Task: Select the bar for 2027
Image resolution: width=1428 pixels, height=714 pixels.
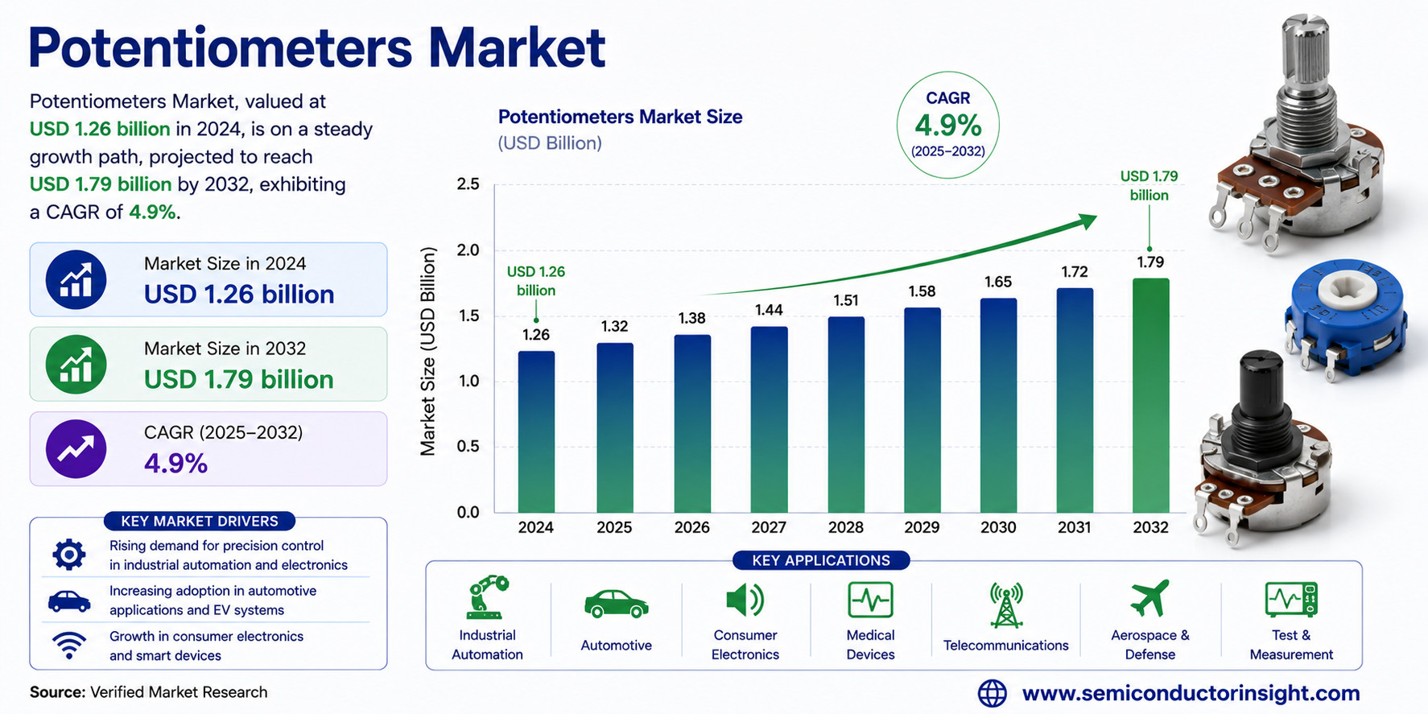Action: click(769, 419)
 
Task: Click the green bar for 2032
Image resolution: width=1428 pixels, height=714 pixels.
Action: click(1150, 395)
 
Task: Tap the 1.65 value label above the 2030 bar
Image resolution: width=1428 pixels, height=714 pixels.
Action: click(998, 282)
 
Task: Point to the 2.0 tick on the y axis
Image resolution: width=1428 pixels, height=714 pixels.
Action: click(468, 250)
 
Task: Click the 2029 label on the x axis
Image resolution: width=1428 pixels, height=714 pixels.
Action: click(922, 527)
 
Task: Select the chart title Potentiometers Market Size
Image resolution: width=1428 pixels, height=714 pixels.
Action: click(620, 117)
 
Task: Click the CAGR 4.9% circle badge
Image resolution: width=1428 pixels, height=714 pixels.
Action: click(947, 126)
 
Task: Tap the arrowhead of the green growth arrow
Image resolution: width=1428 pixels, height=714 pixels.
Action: click(1088, 221)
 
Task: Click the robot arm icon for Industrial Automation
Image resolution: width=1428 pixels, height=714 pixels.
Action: click(487, 597)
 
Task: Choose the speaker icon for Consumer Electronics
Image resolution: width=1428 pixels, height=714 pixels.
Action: click(745, 600)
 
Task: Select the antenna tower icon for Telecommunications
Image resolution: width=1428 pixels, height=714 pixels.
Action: click(1006, 605)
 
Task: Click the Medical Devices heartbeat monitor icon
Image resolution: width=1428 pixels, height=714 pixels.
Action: click(870, 600)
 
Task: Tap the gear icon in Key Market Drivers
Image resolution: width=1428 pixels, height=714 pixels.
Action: click(69, 555)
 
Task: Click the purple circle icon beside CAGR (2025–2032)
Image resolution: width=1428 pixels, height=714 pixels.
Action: click(76, 448)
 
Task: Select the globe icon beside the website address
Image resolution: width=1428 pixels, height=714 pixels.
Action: click(992, 693)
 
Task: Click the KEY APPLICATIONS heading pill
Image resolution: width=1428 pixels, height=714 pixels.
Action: click(821, 560)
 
